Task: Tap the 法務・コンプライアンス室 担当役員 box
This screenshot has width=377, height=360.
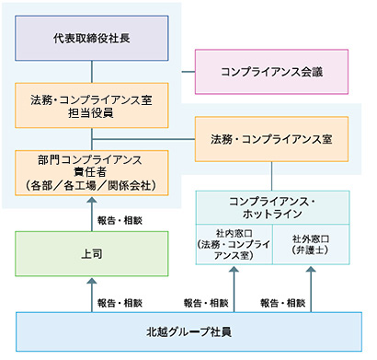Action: (x=92, y=105)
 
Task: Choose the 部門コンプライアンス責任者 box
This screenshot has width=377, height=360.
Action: (x=92, y=171)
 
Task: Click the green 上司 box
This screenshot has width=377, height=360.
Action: (x=92, y=252)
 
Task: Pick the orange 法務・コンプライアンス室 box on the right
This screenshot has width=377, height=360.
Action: (x=271, y=139)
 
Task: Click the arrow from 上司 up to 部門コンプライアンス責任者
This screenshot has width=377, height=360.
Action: (x=92, y=214)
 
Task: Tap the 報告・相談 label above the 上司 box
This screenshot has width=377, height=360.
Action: (x=119, y=221)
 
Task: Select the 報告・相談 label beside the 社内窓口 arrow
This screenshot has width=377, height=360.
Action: (x=205, y=302)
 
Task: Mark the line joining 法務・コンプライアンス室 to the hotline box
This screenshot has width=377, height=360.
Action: (x=271, y=175)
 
